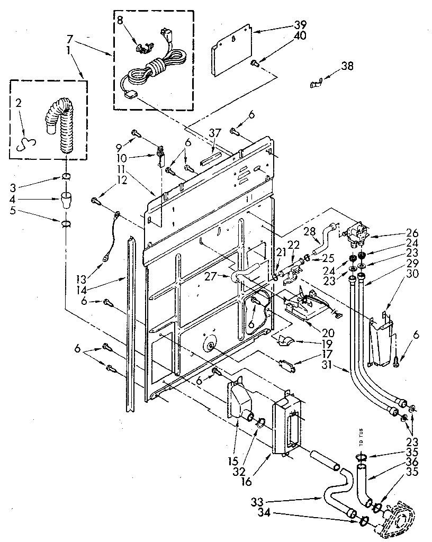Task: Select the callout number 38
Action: [347, 66]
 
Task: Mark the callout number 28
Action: [310, 231]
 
